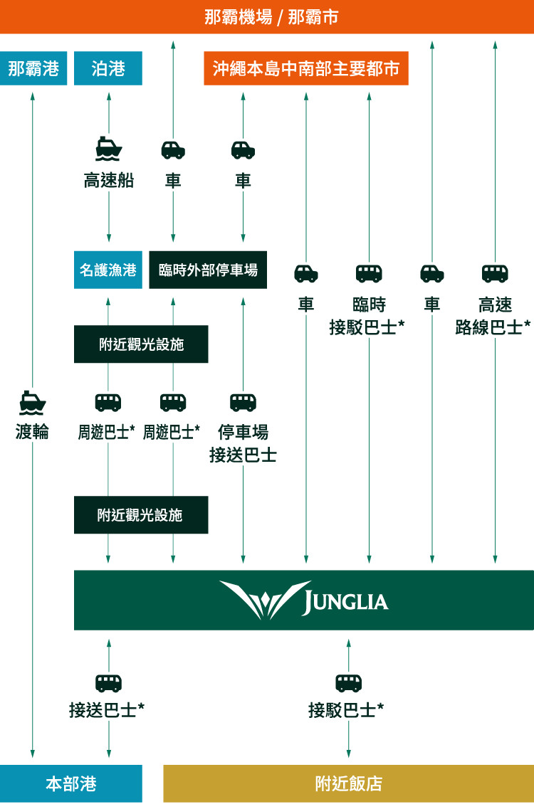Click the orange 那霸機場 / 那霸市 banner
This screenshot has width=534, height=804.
click(x=267, y=16)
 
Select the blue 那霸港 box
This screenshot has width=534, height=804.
click(x=33, y=68)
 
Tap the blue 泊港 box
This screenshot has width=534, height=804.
click(x=108, y=68)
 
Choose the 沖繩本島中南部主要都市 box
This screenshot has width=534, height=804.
click(x=306, y=68)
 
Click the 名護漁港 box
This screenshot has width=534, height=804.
click(x=108, y=270)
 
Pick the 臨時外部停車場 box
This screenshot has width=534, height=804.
click(x=208, y=270)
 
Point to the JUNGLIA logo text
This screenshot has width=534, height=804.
click(x=345, y=602)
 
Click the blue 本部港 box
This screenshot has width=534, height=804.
click(x=71, y=783)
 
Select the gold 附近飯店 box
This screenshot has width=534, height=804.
click(x=349, y=783)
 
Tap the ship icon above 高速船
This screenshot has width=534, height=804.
click(x=109, y=149)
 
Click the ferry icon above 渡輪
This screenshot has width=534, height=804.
click(x=33, y=402)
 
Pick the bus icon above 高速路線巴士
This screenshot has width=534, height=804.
click(x=495, y=273)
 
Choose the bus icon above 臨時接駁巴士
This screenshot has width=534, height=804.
click(x=369, y=273)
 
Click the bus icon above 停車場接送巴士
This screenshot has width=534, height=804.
click(x=243, y=402)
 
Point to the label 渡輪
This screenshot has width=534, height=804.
click(x=33, y=431)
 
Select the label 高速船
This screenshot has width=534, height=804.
click(x=109, y=181)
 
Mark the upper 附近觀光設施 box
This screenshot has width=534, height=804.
click(x=141, y=344)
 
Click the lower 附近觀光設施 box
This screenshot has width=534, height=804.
click(x=141, y=515)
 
